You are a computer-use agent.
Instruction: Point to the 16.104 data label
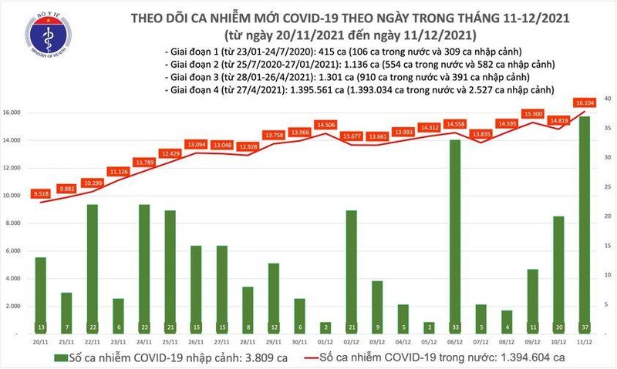pos(582,101)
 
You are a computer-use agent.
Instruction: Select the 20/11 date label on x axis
pos(42,342)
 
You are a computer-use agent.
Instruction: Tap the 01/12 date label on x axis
pos(325,342)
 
